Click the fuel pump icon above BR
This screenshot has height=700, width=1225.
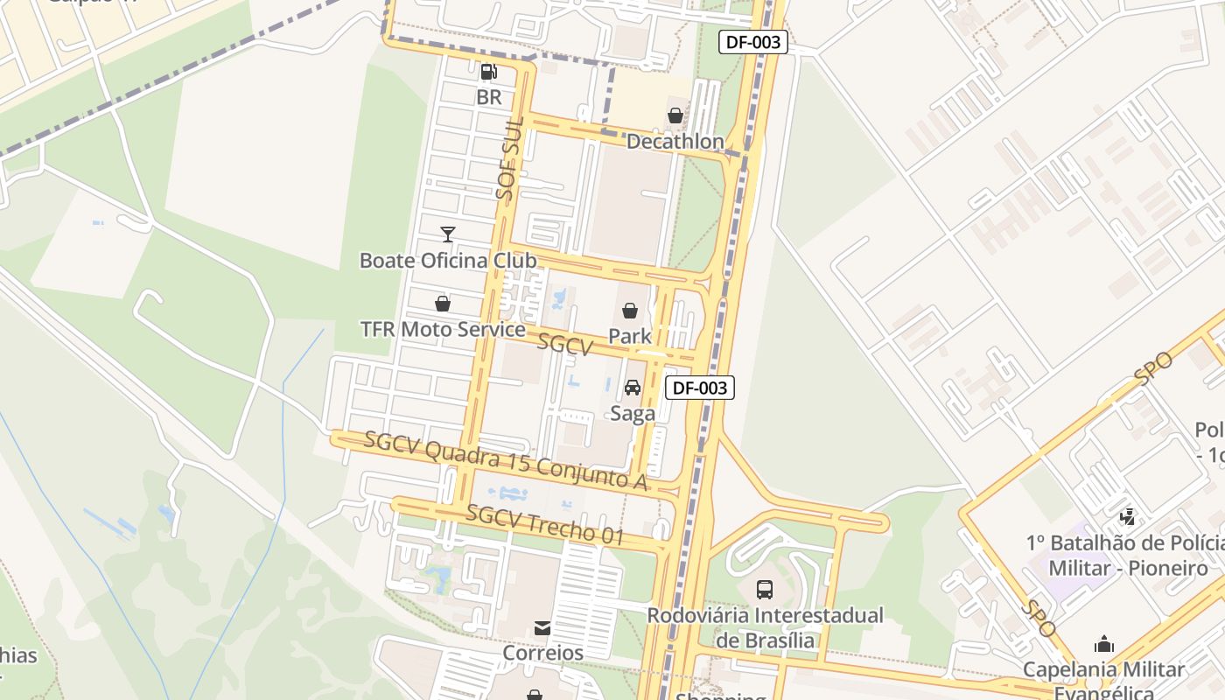click(x=489, y=72)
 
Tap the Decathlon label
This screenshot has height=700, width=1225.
click(x=675, y=141)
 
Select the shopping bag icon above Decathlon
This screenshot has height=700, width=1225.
click(x=675, y=115)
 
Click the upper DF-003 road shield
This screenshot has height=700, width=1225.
click(x=753, y=42)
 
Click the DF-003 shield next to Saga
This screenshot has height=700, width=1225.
click(x=700, y=388)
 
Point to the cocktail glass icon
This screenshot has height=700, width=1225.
click(x=448, y=234)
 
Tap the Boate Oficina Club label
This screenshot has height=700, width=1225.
click(x=448, y=260)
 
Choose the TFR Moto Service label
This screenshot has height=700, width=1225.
click(x=443, y=329)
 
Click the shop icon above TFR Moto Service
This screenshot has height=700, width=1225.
click(x=443, y=304)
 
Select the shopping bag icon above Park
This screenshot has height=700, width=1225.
click(x=630, y=310)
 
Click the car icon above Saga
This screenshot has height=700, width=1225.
click(x=633, y=388)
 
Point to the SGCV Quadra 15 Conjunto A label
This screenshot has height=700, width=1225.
click(x=506, y=460)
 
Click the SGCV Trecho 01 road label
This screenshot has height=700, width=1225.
click(x=544, y=525)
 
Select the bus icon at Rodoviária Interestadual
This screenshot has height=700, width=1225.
click(x=765, y=589)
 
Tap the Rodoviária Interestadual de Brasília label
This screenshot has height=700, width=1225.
click(x=765, y=626)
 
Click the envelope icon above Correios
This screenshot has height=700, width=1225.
click(x=542, y=627)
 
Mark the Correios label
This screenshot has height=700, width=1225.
click(x=542, y=653)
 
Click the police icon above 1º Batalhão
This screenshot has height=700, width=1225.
click(x=1128, y=516)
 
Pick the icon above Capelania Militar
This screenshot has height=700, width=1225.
click(x=1104, y=645)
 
